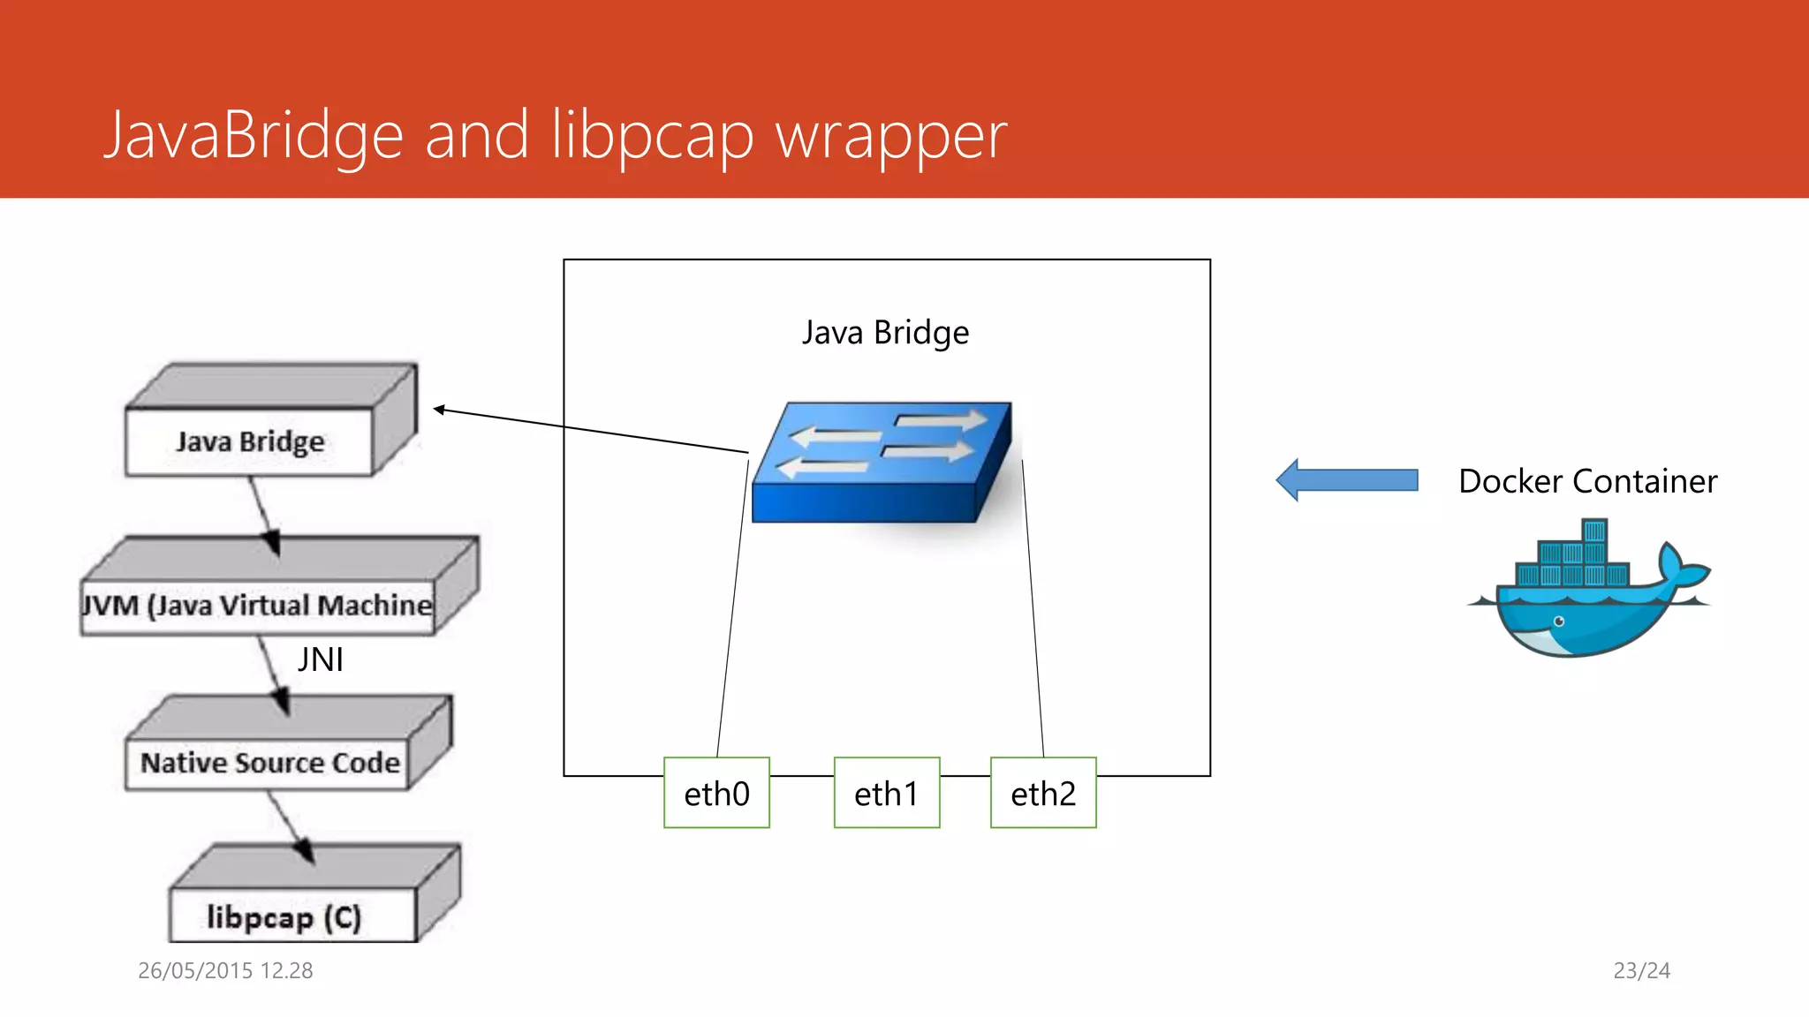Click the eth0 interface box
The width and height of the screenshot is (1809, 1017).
[x=716, y=793]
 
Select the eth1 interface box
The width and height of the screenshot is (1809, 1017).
[x=886, y=793]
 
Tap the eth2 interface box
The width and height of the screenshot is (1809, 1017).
[x=1043, y=793]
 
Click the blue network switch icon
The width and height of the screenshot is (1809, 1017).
[x=882, y=463]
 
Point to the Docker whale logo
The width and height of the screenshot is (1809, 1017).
[x=1587, y=591]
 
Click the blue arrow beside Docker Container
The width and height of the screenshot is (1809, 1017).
[x=1347, y=480]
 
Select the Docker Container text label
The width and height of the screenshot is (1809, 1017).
[x=1587, y=481]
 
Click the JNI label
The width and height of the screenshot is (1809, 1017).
[x=320, y=659]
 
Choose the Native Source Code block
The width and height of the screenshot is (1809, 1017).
[x=269, y=762]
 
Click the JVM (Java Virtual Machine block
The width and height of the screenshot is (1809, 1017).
[x=256, y=605]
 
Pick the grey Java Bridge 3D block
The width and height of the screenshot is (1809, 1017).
[x=250, y=441]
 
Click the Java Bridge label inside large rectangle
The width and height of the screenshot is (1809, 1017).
[x=885, y=333]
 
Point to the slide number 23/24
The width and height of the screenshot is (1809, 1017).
[x=1641, y=970]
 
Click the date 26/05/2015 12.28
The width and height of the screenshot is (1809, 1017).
[x=225, y=970]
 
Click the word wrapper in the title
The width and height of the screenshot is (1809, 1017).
[x=890, y=137]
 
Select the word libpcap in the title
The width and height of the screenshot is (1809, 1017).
[x=652, y=137]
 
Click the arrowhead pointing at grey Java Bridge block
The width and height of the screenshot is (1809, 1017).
[x=439, y=410]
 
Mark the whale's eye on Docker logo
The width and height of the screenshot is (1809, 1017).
[x=1559, y=621]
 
